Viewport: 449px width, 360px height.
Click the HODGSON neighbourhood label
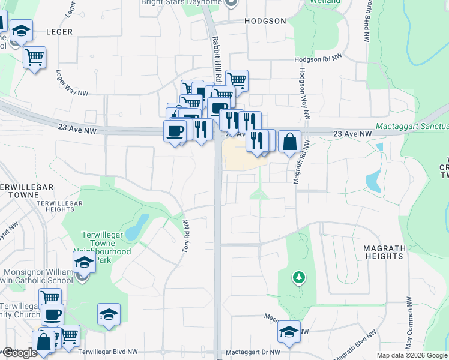click(x=265, y=21)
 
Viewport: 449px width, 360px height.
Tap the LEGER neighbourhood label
click(x=59, y=32)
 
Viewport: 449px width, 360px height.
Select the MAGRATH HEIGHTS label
click(x=384, y=252)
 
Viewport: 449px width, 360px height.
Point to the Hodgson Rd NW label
click(x=318, y=59)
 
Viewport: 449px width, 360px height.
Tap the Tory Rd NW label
click(x=185, y=235)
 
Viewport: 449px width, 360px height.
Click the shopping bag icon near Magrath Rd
click(x=289, y=142)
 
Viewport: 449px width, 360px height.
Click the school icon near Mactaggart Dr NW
click(x=289, y=332)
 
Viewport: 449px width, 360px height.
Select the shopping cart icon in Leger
click(x=35, y=58)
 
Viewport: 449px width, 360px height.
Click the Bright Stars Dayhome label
click(x=181, y=2)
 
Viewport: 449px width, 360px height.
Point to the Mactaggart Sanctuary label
click(x=412, y=127)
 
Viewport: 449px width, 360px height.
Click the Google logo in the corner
click(x=20, y=353)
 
